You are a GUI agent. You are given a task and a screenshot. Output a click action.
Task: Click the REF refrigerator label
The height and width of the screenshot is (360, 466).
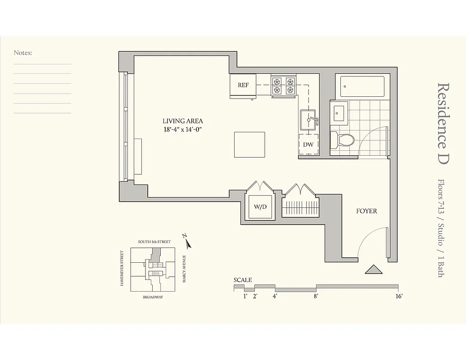coord(243,85)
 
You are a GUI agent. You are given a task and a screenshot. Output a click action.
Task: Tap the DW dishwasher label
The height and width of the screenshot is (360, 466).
coord(308,145)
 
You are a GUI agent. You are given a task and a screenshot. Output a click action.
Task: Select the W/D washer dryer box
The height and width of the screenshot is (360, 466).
coord(260,207)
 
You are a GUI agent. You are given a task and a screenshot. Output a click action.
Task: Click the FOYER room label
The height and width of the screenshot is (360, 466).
coord(366,211)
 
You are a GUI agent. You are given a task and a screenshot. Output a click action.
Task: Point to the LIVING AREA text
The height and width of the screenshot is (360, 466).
coord(183,121)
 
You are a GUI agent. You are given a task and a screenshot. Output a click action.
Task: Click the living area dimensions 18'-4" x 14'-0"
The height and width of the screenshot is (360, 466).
coord(183,130)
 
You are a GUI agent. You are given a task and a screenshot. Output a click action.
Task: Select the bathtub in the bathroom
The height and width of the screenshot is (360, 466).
coord(362,86)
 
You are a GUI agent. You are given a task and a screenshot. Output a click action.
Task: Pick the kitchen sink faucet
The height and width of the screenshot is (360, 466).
coord(312,120)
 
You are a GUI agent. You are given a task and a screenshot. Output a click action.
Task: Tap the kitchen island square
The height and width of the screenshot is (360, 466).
coord(249,144)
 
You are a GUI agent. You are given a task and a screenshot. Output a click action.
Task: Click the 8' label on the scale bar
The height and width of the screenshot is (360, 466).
coord(317,296)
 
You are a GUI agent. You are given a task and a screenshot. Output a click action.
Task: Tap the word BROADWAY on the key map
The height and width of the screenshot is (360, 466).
coord(153,297)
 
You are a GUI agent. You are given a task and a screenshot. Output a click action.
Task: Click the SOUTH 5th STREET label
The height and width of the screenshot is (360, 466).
coord(154,242)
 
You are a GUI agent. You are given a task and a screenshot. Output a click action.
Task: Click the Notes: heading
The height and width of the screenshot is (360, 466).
coord(23,53)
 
